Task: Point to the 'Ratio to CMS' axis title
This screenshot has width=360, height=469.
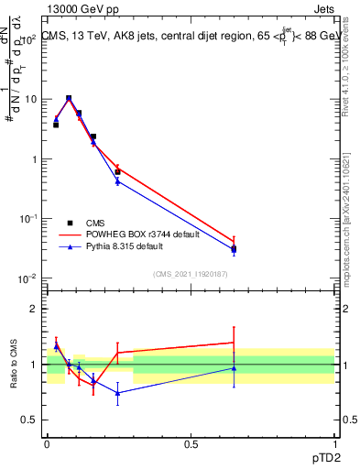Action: pos(14,364)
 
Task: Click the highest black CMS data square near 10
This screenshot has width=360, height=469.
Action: pos(69,98)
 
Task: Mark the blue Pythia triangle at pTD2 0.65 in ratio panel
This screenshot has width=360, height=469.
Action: pos(234,368)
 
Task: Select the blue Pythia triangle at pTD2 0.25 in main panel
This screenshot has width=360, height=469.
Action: pos(117,181)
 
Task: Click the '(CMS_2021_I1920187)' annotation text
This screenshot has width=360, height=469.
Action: pos(191,274)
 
